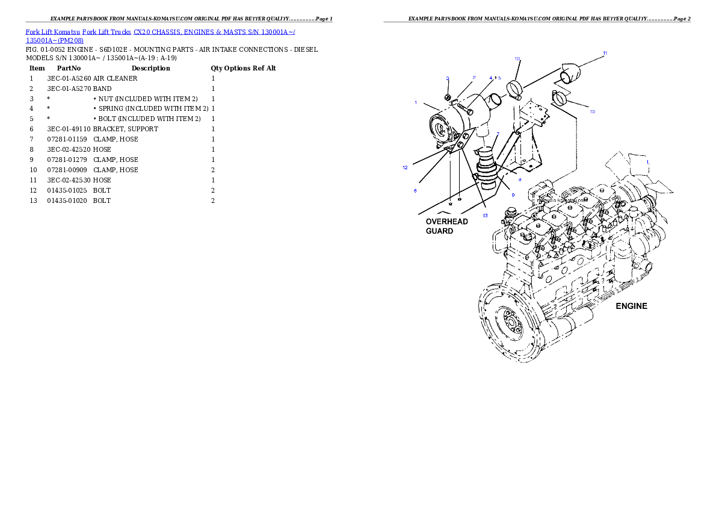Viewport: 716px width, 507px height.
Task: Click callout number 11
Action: tap(605, 54)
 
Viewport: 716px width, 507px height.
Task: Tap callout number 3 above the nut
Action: tap(447, 79)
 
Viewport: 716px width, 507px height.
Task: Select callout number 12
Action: tap(405, 168)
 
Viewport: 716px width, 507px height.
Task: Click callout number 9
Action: tap(513, 194)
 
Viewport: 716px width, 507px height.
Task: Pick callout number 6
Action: tap(415, 190)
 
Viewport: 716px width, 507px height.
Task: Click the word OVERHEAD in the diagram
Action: tap(447, 222)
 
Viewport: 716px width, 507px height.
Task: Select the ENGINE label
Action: tap(631, 306)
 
